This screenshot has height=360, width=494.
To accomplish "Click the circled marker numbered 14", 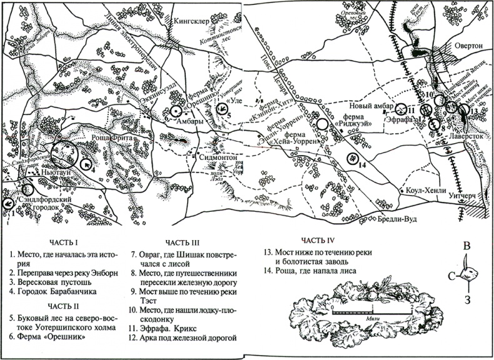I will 355,156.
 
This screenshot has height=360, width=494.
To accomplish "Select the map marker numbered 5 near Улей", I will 223,111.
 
